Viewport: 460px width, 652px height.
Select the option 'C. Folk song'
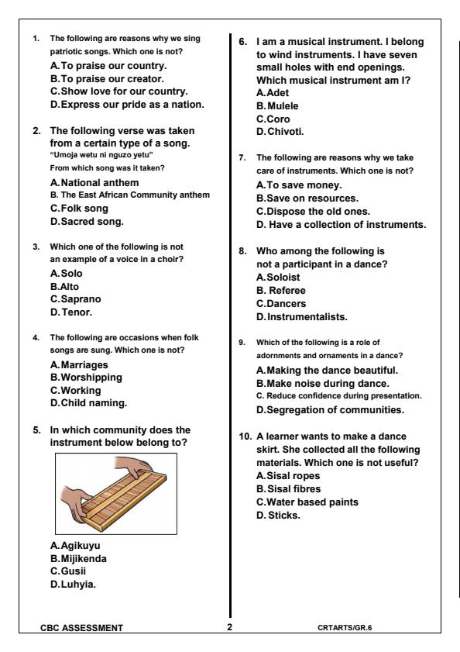tap(79, 209)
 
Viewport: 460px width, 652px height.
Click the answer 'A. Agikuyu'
tap(75, 545)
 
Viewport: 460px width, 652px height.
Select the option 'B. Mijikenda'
tap(78, 557)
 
